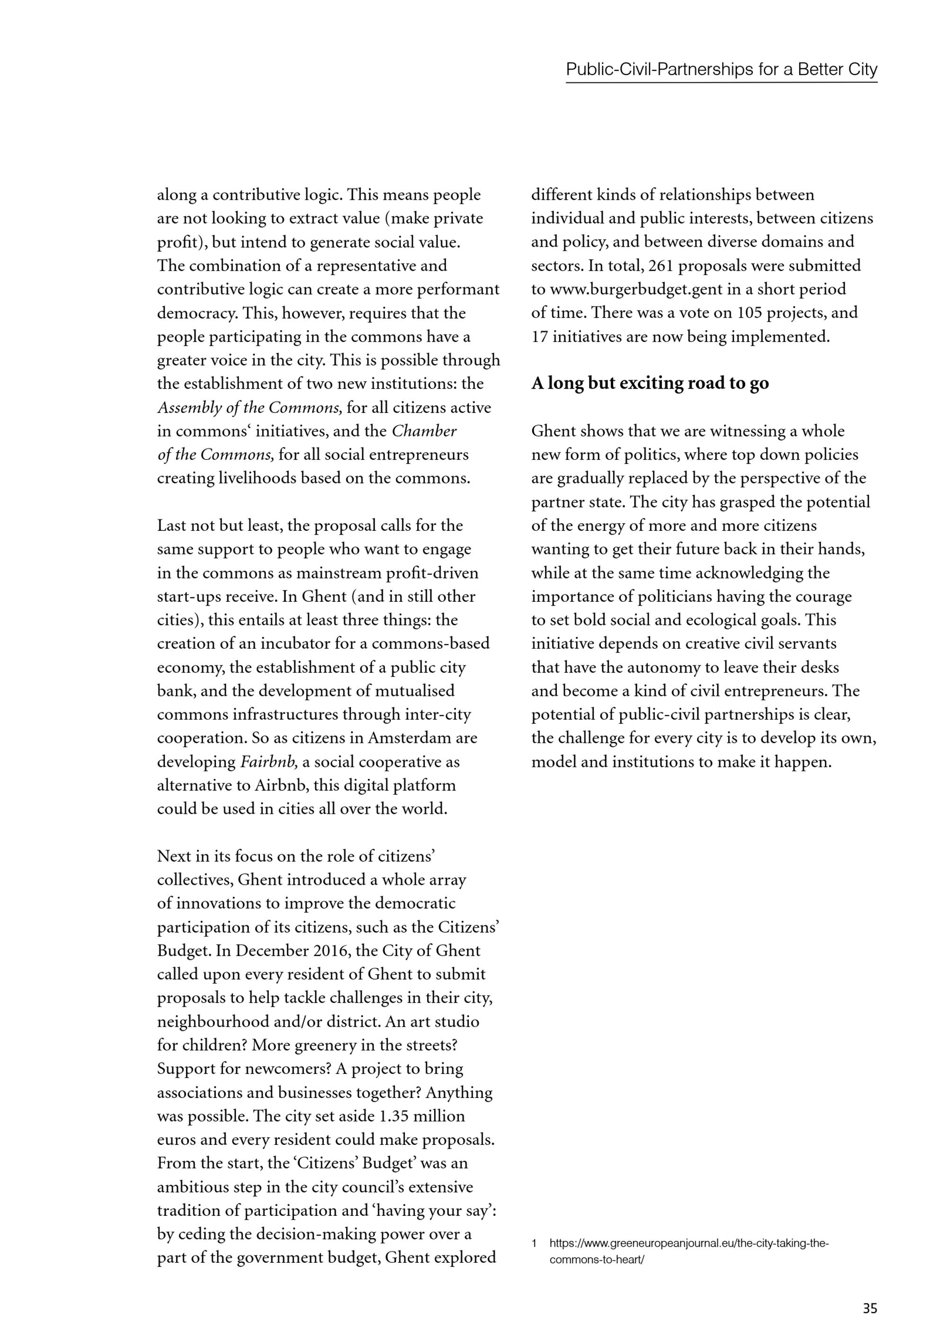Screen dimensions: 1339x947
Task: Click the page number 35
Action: click(x=869, y=1308)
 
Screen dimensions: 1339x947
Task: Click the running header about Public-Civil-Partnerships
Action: click(x=721, y=70)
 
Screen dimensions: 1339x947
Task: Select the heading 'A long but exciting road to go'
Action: click(x=650, y=383)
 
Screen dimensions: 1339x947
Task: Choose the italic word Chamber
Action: click(x=424, y=431)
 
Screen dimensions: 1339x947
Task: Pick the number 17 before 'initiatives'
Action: click(x=539, y=337)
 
